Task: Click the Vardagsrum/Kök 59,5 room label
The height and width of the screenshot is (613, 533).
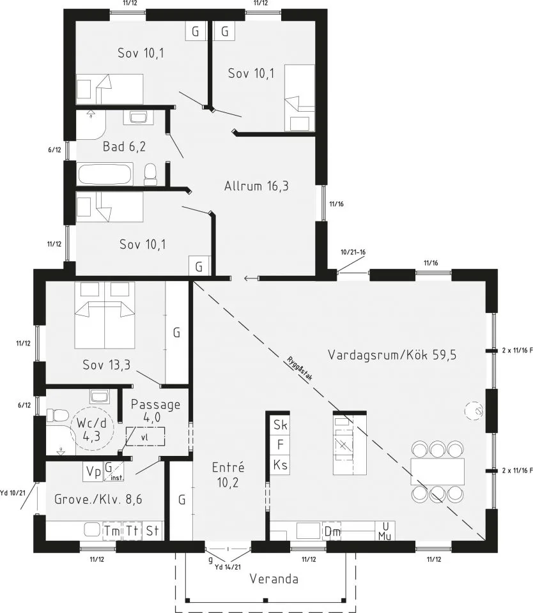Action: [x=392, y=355]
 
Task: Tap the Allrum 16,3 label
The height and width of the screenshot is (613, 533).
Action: [x=256, y=186]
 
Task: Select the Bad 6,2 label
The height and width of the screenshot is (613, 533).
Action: [x=124, y=147]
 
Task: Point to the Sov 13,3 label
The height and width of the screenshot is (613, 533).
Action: [x=107, y=365]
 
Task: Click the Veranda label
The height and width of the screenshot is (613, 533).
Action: [x=274, y=579]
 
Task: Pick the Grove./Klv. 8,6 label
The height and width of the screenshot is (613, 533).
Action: [x=98, y=499]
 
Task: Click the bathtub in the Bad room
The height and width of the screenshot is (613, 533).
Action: [x=105, y=174]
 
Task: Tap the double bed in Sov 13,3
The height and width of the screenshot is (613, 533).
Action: [x=104, y=315]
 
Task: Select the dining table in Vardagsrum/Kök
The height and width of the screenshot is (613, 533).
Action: [x=438, y=471]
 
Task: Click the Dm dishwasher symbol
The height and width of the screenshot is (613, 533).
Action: [x=332, y=531]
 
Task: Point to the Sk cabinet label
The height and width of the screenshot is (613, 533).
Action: [x=280, y=425]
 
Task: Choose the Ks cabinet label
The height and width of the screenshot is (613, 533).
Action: [x=280, y=465]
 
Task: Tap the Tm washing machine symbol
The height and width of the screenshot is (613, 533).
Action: [x=112, y=531]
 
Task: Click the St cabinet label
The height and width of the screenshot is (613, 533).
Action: [x=152, y=531]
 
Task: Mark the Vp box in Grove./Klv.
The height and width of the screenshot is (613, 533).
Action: [x=93, y=472]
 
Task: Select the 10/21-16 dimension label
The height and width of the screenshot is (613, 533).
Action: [x=353, y=252]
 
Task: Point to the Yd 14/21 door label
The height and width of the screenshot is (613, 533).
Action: [x=228, y=567]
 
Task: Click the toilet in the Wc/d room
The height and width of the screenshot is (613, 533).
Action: [x=58, y=416]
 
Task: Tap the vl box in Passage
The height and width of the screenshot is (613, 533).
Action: [x=145, y=437]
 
